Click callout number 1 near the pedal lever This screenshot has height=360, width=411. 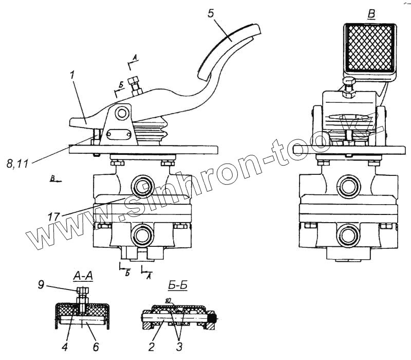pyautogui.click(x=72, y=75)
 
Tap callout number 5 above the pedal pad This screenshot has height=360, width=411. pyautogui.click(x=211, y=13)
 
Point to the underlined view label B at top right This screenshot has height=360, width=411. pyautogui.click(x=371, y=14)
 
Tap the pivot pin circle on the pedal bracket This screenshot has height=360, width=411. pyautogui.click(x=122, y=112)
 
